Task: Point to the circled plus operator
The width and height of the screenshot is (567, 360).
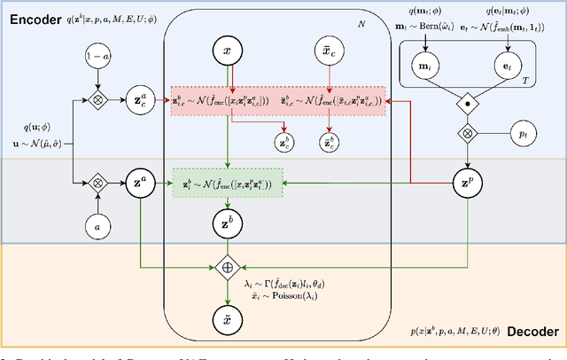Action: pos(228,265)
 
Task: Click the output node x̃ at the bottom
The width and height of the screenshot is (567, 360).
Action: pos(228,317)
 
